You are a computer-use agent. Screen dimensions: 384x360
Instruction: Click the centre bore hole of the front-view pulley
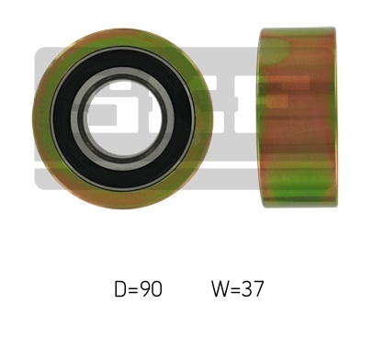pyautogui.click(x=123, y=119)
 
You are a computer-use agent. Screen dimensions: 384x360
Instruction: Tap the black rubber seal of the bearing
pyautogui.click(x=62, y=119)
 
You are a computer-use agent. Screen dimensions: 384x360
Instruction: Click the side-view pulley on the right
pyautogui.click(x=298, y=118)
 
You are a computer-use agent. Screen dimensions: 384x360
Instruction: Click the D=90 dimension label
pyautogui.click(x=138, y=289)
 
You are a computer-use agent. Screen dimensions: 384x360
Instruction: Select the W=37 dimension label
pyautogui.click(x=237, y=289)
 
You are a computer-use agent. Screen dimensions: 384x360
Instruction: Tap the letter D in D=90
pyautogui.click(x=119, y=289)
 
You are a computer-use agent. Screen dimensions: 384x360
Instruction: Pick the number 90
pyautogui.click(x=152, y=289)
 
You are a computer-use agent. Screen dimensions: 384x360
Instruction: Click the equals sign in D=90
pyautogui.click(x=133, y=289)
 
